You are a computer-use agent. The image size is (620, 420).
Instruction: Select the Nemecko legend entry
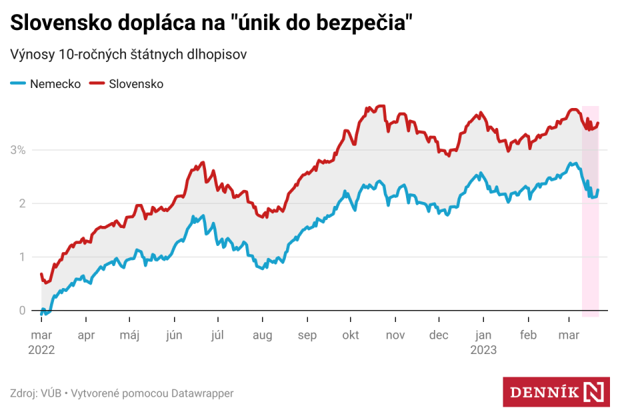point(55,84)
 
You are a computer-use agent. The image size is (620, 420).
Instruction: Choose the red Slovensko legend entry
point(136,84)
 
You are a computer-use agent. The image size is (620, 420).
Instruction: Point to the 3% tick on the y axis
point(17,150)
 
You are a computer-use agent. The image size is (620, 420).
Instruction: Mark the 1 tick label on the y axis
point(22,257)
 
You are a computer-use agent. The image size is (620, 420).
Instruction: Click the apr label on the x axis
point(86,335)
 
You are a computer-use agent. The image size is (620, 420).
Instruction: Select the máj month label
point(129,335)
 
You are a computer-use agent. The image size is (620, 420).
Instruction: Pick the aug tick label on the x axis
point(262,335)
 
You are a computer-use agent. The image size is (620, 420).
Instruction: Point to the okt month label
point(351,335)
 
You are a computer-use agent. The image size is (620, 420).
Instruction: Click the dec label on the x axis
point(439,335)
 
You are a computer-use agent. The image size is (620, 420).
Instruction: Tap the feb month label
point(528,335)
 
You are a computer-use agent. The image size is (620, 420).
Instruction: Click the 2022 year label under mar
point(41,349)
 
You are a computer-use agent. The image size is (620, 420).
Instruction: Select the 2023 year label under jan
point(483,349)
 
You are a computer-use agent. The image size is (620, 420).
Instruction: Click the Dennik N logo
point(556,392)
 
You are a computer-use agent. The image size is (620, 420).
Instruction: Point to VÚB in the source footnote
point(51,393)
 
